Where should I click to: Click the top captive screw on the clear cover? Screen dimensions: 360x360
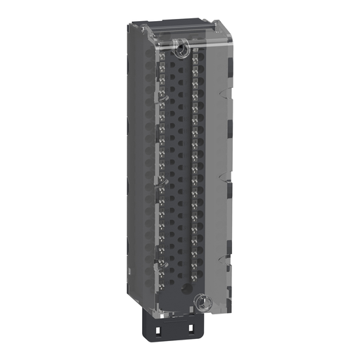point(181,48)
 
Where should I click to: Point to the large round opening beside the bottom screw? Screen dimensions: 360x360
point(186,290)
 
